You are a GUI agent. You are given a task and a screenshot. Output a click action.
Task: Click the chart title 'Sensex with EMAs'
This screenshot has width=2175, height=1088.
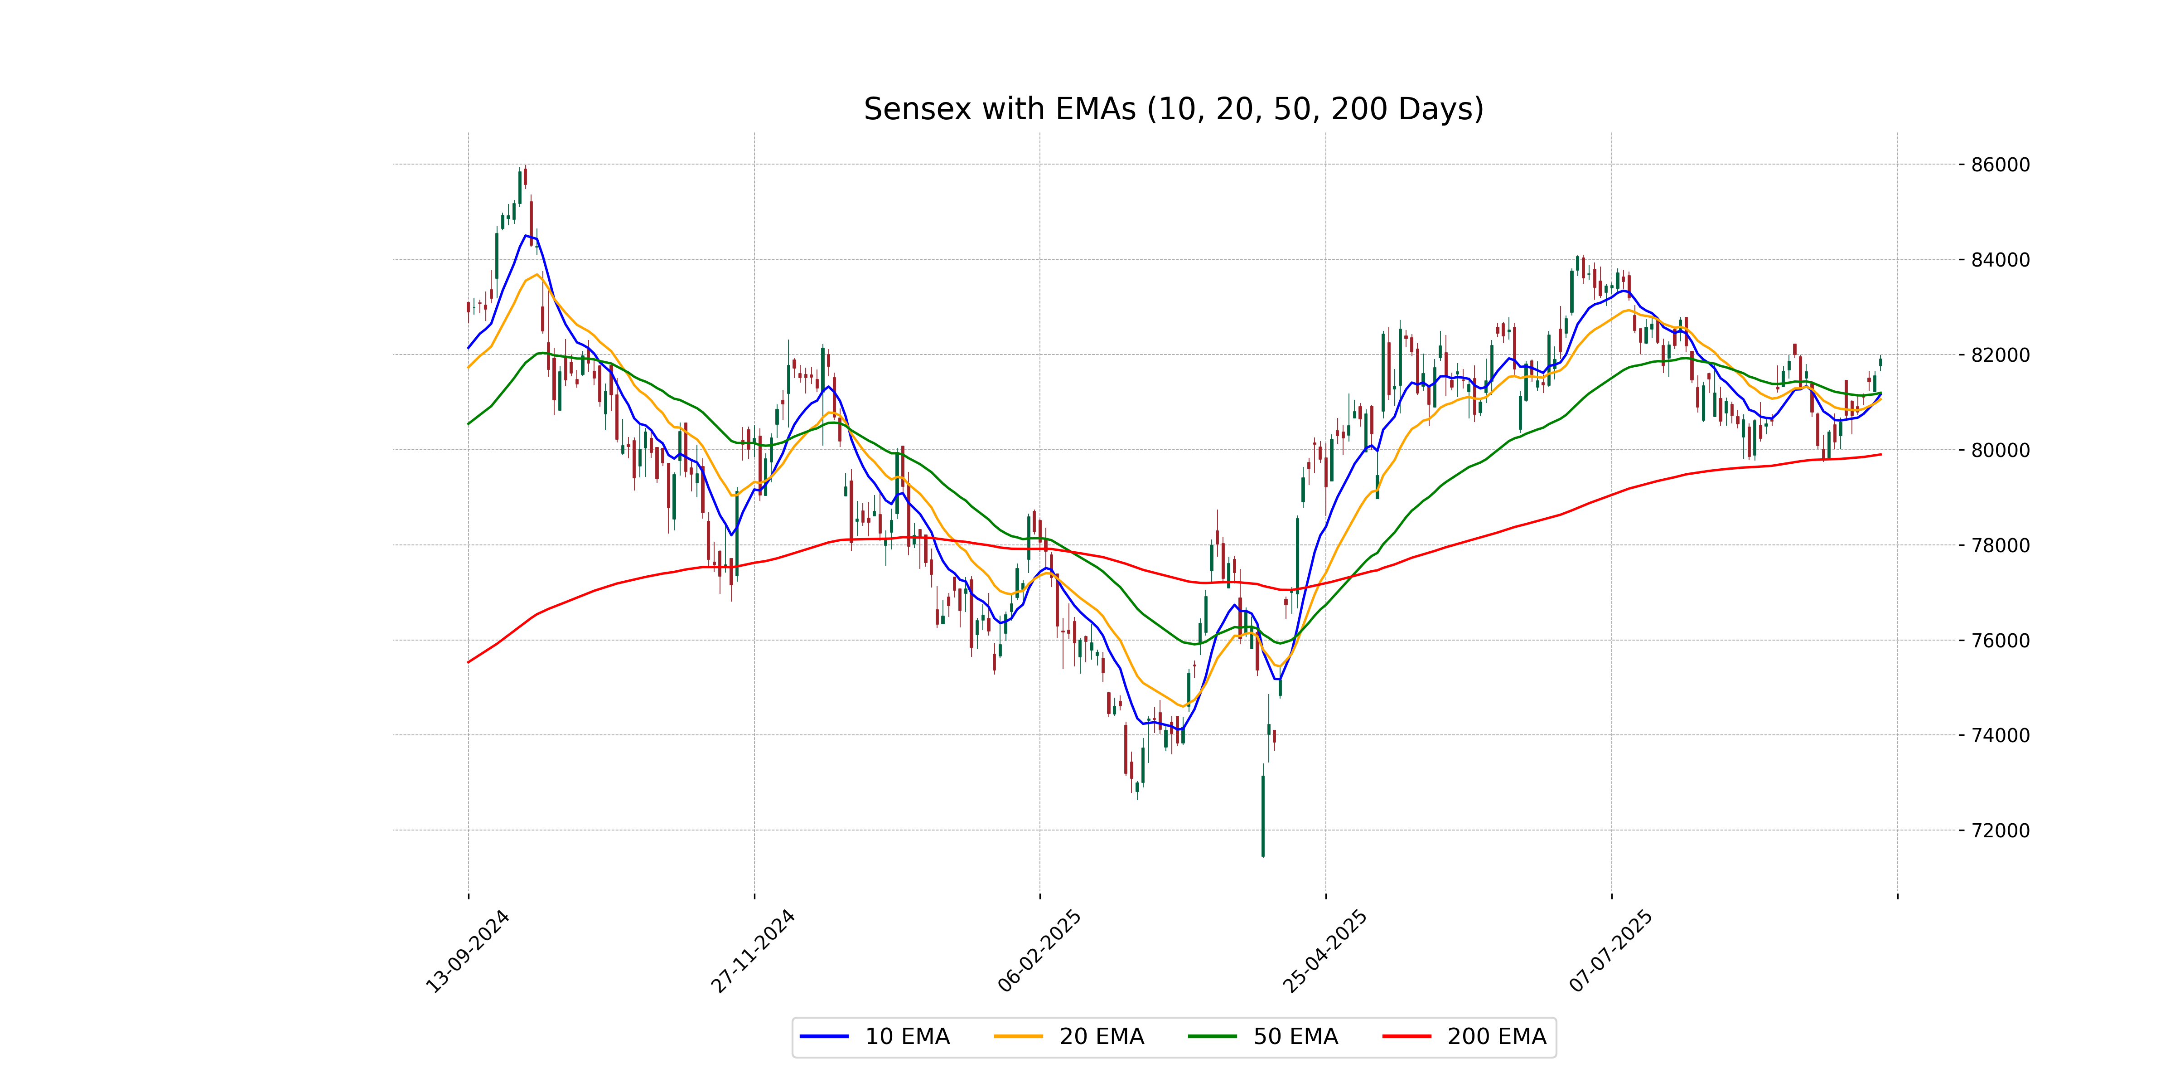click(1173, 109)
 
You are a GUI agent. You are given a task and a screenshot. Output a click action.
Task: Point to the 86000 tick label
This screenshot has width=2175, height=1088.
click(1999, 165)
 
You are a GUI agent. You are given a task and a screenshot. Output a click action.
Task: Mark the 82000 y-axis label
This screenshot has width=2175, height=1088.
click(1999, 355)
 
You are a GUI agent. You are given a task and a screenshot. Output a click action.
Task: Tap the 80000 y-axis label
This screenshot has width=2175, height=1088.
click(1999, 450)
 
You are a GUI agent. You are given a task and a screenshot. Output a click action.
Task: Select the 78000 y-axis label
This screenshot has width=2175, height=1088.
click(1999, 545)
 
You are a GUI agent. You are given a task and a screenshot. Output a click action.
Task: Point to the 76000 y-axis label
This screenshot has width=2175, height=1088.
click(1999, 640)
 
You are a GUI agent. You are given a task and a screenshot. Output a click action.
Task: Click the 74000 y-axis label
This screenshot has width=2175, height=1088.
click(1999, 735)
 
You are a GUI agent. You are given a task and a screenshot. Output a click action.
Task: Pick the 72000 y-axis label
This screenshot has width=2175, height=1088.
click(1999, 831)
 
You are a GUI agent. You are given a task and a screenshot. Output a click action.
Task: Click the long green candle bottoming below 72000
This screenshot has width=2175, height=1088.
click(1263, 815)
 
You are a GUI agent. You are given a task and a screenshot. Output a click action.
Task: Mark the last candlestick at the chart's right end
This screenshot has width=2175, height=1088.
click(1880, 362)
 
